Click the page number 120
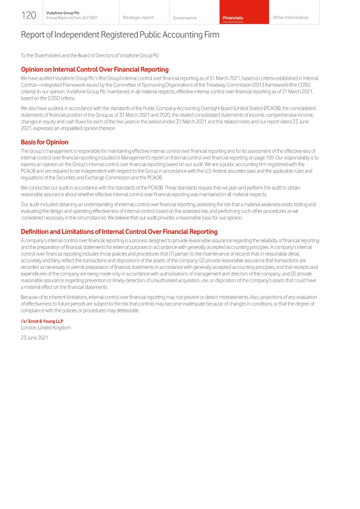click(x=29, y=15)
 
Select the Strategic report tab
click(x=138, y=17)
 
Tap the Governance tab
click(x=184, y=18)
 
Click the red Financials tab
click(x=233, y=18)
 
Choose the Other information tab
click(x=290, y=17)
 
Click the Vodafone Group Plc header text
click(x=61, y=13)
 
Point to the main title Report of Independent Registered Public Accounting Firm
click(x=120, y=35)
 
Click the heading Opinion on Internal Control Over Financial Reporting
click(x=95, y=69)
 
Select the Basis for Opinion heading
click(x=44, y=142)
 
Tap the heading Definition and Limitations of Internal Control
click(x=119, y=232)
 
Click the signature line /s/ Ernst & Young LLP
click(x=42, y=321)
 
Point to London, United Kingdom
click(x=46, y=327)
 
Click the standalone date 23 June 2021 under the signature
click(x=34, y=337)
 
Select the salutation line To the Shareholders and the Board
click(x=90, y=55)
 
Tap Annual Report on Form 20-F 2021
click(x=72, y=17)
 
